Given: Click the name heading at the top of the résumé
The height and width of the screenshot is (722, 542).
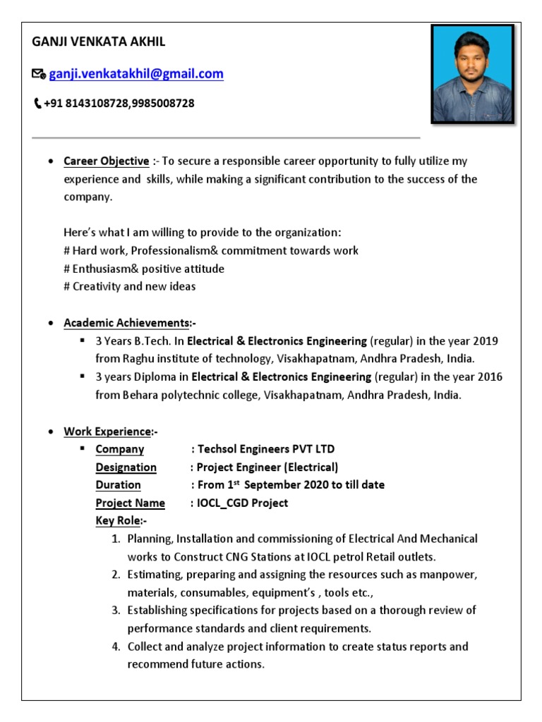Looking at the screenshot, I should pos(99,42).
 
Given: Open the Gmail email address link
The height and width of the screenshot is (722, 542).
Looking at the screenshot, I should pos(136,73).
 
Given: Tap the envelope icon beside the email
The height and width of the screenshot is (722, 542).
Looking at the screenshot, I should pos(39,74).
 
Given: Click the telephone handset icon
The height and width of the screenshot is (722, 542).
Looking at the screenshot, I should pos(37,104).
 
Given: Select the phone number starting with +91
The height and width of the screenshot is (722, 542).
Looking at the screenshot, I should pos(119,104).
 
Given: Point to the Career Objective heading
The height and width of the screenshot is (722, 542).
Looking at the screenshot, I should pos(107,161).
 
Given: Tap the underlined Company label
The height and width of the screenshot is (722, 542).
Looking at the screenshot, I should pos(120,449).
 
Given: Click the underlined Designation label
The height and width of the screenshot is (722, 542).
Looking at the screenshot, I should pos(126,467).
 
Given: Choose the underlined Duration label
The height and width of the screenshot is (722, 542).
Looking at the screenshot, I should pos(119,485).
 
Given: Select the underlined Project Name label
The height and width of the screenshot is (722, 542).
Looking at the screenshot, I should pos(131,503).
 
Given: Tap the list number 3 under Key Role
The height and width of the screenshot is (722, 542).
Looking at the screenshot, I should pos(116,610).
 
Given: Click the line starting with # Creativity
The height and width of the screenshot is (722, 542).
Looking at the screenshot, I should pos(130,286).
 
